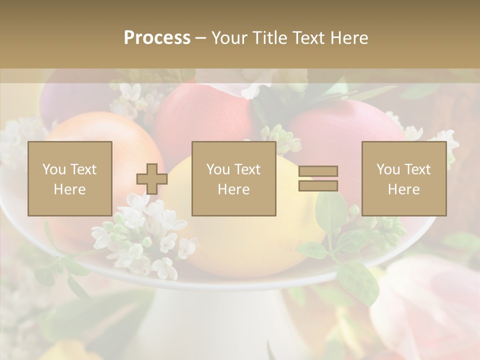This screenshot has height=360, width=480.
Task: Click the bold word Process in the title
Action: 157,38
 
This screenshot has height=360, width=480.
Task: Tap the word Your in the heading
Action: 228,38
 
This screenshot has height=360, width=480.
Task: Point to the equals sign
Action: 318,178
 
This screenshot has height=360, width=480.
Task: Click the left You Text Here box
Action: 70,178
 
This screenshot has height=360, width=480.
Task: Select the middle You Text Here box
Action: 233,178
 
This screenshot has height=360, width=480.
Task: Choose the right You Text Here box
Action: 404,178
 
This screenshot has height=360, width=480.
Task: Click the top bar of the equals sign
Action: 318,171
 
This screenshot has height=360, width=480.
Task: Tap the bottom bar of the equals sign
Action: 318,185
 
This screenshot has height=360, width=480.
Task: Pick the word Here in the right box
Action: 404,189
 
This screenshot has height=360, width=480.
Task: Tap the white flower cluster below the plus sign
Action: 145,235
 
